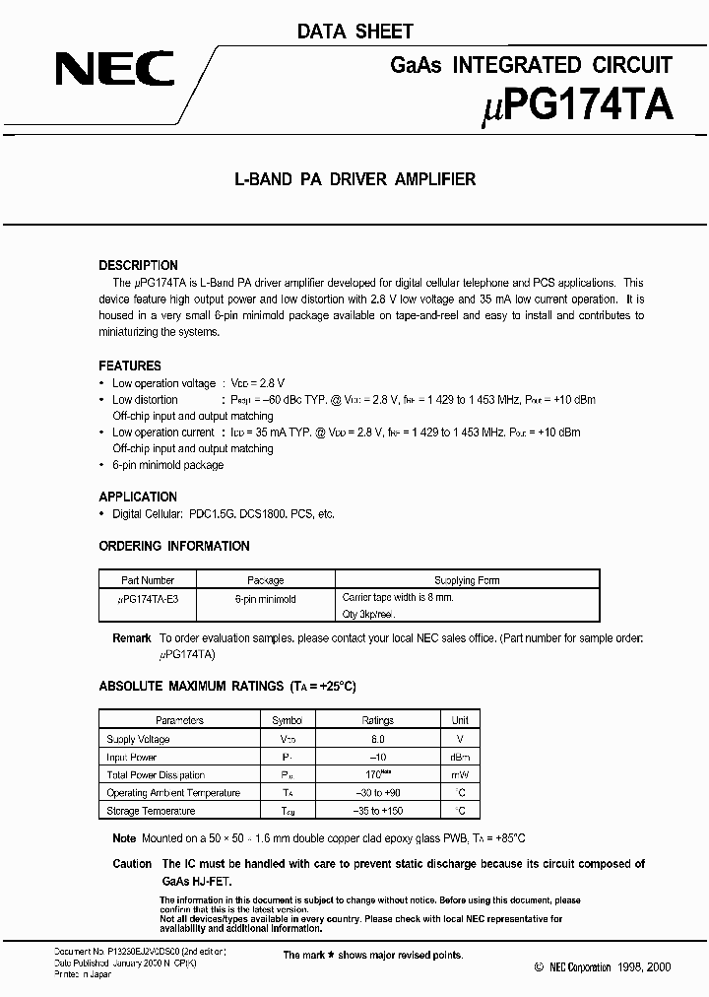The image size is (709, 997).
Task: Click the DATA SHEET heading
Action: (x=354, y=32)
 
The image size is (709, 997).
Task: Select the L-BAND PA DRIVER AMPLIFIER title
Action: (x=354, y=179)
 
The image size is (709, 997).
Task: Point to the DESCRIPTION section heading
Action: (x=139, y=265)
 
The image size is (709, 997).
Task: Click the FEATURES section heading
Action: (x=130, y=366)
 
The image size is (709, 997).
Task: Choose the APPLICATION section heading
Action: (x=138, y=497)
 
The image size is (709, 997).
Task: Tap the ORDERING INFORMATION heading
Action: (x=174, y=546)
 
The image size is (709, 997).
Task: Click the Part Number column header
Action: (x=148, y=580)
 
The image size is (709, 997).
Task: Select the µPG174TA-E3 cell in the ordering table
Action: (x=148, y=598)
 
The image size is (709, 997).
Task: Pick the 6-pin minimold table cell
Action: (x=266, y=598)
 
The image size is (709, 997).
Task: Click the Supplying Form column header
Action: (x=467, y=580)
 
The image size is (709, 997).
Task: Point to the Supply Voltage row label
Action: (x=138, y=739)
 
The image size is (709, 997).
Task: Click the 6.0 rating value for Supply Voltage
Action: (x=378, y=739)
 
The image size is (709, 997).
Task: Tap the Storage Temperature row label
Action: (x=151, y=811)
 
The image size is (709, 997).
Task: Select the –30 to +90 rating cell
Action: (x=378, y=793)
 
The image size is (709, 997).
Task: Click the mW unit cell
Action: (x=460, y=775)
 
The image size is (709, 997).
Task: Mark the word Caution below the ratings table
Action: (x=132, y=864)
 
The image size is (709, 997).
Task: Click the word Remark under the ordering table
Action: (x=132, y=638)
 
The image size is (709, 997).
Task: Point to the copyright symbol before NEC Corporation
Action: (x=538, y=968)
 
